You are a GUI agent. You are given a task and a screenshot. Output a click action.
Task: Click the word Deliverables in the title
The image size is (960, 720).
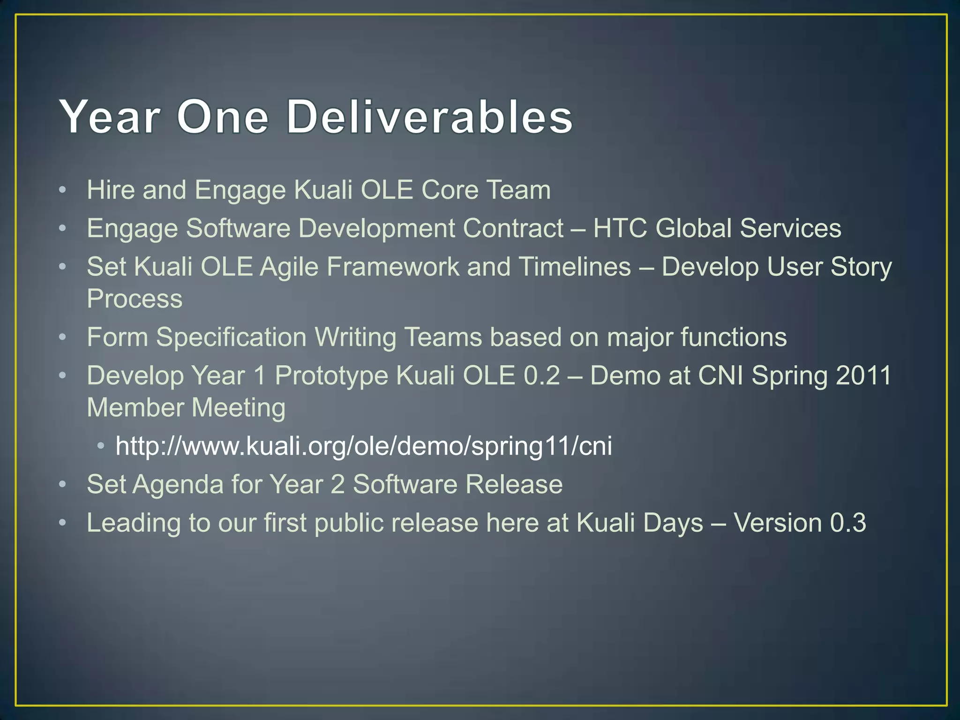click(x=429, y=117)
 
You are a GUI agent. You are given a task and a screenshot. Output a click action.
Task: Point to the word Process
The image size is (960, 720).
click(x=135, y=299)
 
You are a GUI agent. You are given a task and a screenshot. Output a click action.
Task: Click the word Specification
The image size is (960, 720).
click(x=231, y=337)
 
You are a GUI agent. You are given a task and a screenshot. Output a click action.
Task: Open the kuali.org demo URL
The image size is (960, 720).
click(x=364, y=446)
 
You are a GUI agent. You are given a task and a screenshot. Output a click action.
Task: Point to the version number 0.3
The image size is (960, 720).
click(x=848, y=523)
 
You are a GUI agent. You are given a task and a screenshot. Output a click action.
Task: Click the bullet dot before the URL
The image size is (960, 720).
click(x=101, y=446)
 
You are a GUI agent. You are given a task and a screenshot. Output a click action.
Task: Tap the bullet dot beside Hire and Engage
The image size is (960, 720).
click(x=63, y=190)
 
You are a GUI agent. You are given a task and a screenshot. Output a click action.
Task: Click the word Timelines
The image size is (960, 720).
click(x=575, y=267)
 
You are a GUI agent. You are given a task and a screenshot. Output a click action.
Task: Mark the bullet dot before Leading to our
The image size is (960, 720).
click(x=63, y=523)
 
